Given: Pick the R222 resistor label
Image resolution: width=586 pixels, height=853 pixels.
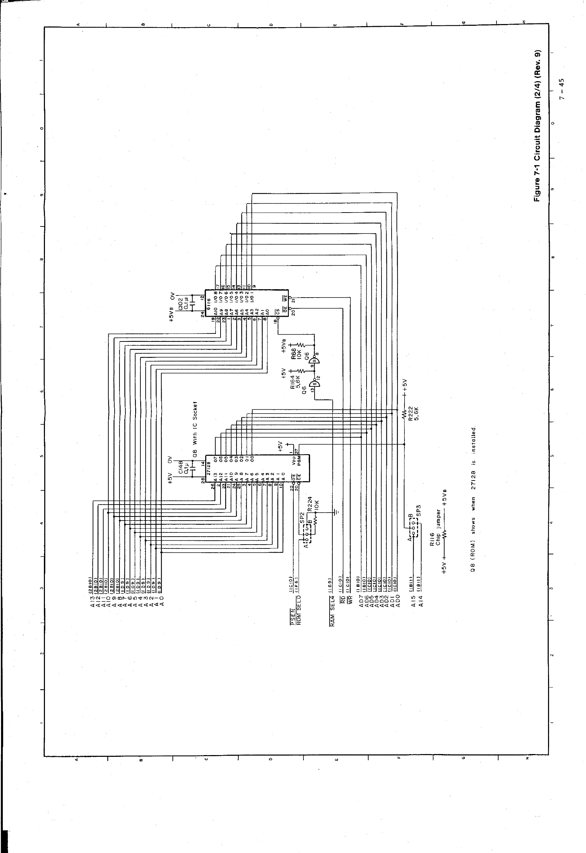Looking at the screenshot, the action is pyautogui.click(x=410, y=414).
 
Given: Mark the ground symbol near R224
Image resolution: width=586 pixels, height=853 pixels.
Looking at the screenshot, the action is pyautogui.click(x=335, y=511).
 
